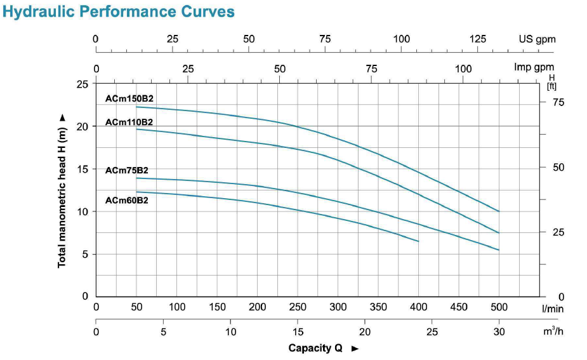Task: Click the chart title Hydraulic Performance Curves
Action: point(119,11)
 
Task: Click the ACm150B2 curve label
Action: point(129,98)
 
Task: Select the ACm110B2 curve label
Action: point(129,121)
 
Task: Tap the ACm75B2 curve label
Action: point(127,170)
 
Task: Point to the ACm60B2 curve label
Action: point(127,201)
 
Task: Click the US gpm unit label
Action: point(537,39)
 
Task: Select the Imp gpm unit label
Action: point(534,67)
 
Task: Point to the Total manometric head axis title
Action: point(62,190)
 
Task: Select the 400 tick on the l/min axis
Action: point(419,307)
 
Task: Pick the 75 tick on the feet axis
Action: point(558,102)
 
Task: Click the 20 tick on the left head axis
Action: point(82,126)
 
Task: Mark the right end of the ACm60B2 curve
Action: point(419,241)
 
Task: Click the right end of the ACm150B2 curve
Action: point(499,211)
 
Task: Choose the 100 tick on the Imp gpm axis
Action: point(463,69)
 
